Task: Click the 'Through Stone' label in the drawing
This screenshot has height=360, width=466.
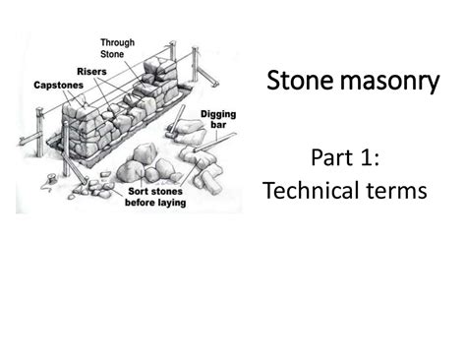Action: pos(117,49)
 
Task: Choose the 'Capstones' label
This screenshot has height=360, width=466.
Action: pos(58,86)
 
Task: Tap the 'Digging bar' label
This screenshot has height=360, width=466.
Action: pos(217,121)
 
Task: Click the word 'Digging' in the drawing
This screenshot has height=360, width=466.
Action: pos(218,115)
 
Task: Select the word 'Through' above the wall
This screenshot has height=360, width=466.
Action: pos(117,43)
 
